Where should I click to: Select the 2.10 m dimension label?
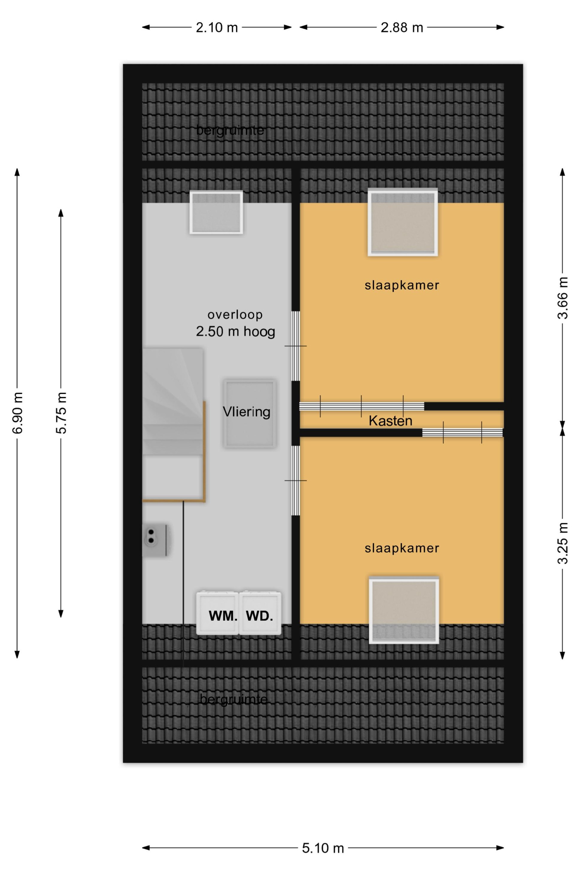pyautogui.click(x=217, y=28)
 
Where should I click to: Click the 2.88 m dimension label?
pyautogui.click(x=402, y=28)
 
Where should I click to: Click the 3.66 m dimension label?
pyautogui.click(x=562, y=298)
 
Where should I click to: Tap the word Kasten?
pyautogui.click(x=390, y=421)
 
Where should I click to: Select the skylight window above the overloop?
pyautogui.click(x=216, y=213)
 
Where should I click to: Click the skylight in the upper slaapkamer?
pyautogui.click(x=403, y=222)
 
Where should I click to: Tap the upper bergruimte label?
pyautogui.click(x=230, y=130)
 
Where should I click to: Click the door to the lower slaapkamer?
pyautogui.click(x=296, y=480)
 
